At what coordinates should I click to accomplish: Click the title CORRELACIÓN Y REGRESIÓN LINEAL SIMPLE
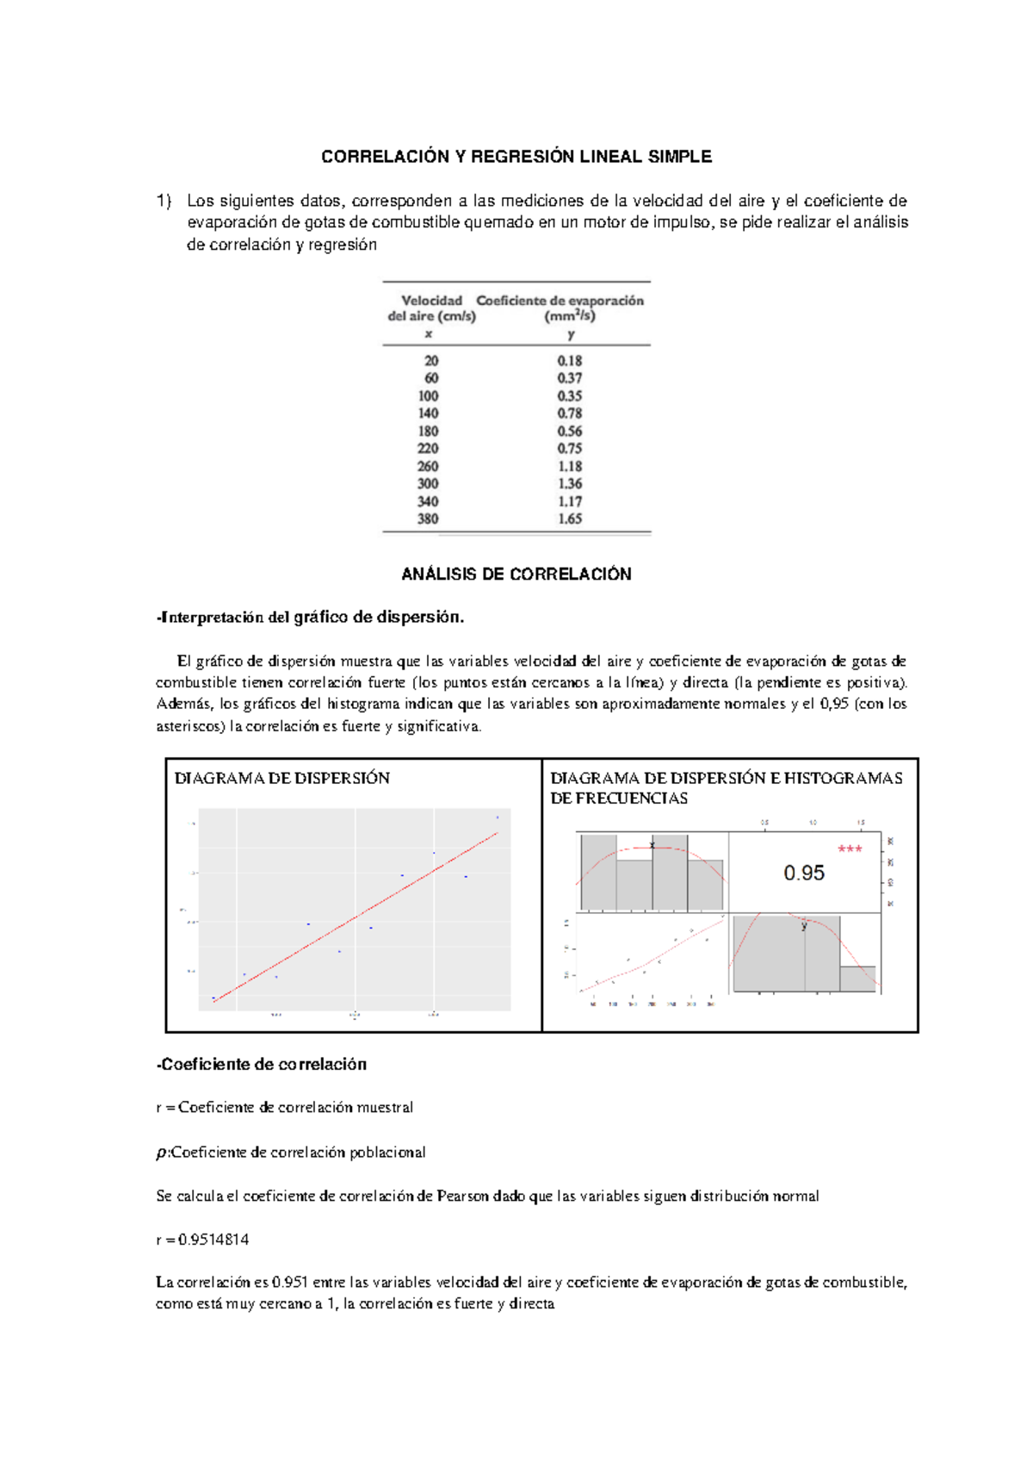coord(516,157)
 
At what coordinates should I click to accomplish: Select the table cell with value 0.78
coord(569,413)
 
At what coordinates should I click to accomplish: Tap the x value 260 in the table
coord(428,466)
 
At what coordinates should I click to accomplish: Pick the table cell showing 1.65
coord(569,519)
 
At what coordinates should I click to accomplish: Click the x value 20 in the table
coord(431,361)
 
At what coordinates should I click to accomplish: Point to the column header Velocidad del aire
coord(431,308)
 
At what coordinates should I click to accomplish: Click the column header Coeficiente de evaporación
coord(560,301)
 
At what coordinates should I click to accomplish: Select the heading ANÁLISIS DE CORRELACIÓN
coord(516,575)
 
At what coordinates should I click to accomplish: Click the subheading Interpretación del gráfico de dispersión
coord(311,617)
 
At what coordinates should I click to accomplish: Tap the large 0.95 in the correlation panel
coord(803,873)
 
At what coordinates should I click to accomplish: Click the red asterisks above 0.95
coord(850,849)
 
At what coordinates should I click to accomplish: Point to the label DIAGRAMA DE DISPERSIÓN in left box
coord(281,778)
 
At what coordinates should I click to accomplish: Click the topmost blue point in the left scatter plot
coord(497,817)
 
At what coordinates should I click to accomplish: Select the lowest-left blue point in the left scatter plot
coord(213,998)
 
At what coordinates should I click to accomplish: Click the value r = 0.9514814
coord(202,1240)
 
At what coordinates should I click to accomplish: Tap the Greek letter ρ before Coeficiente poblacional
coord(161,1153)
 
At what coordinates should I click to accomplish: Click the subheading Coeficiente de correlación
coord(262,1065)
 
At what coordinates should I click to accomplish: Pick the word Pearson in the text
coord(462,1196)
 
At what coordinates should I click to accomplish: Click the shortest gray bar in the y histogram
coord(857,979)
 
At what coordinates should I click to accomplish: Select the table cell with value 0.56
coord(569,431)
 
